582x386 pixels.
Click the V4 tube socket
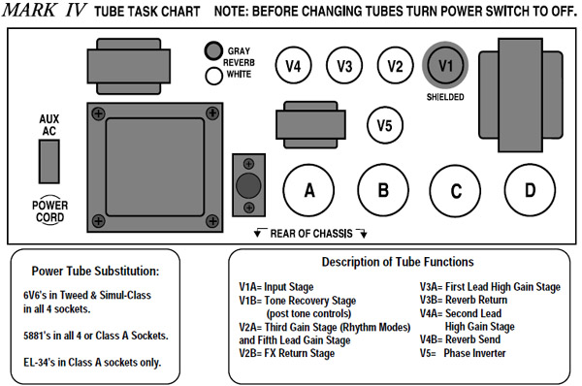[293, 66]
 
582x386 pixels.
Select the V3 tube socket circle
[344, 66]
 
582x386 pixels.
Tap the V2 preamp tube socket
[395, 66]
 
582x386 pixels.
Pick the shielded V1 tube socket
[445, 65]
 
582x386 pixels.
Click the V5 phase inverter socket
[384, 125]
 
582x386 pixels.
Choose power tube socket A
[308, 190]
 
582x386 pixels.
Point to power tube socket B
[383, 190]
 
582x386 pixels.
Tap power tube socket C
[456, 190]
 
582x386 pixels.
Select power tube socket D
[530, 190]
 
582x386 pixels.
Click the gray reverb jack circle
[213, 50]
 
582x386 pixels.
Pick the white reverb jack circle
[213, 76]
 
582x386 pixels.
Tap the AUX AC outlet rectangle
[49, 161]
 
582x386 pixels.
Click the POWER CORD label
[49, 210]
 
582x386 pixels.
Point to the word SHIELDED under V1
[445, 97]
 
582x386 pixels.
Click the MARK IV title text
[45, 10]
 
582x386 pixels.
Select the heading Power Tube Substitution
[95, 271]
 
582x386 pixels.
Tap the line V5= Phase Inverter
[463, 353]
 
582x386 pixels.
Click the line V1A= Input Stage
[276, 287]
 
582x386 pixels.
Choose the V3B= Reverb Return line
[464, 300]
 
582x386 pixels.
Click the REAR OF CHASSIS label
[311, 234]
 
